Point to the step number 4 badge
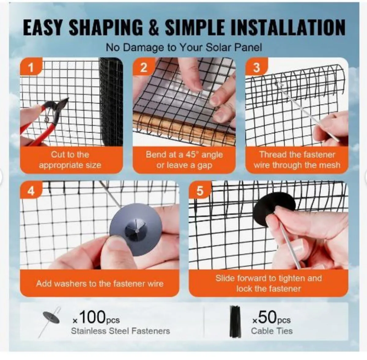pos(31,191)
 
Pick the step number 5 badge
pos(199,191)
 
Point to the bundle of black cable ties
pos(235,321)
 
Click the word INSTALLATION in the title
pos(288,28)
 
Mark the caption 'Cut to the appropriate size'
pos(70,160)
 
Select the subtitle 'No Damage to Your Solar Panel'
pos(184,47)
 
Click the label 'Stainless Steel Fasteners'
pos(120,331)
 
